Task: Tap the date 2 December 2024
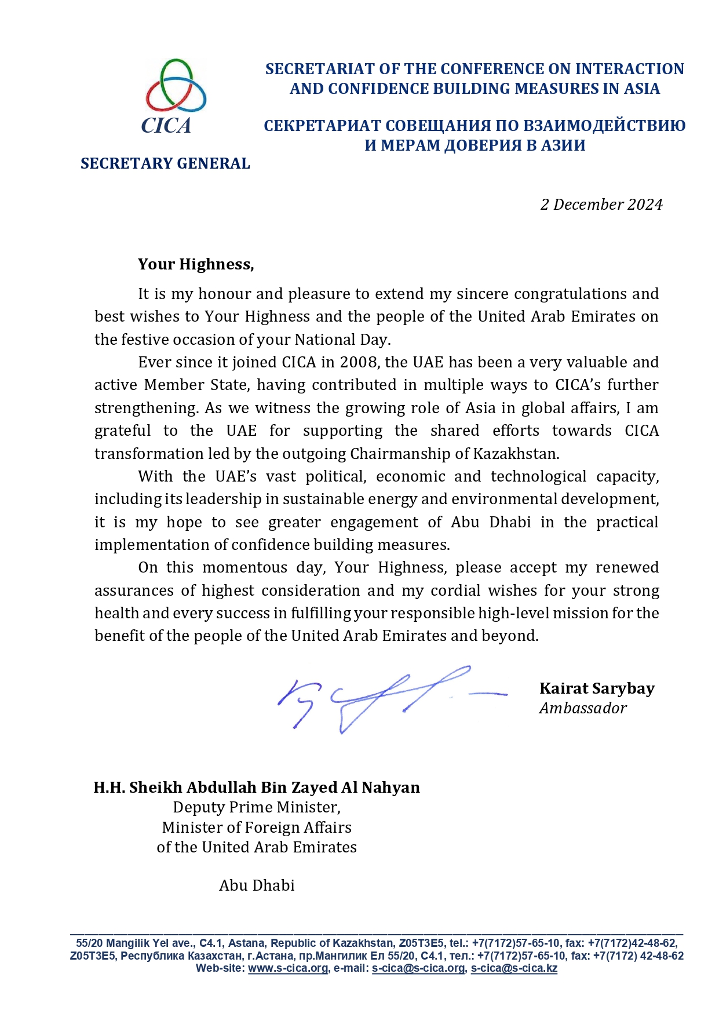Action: pyautogui.click(x=601, y=205)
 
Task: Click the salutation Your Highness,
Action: pyautogui.click(x=196, y=264)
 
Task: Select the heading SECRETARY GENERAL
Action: pyautogui.click(x=165, y=163)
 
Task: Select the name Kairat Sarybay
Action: pyautogui.click(x=597, y=688)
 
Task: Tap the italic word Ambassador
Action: pyautogui.click(x=582, y=708)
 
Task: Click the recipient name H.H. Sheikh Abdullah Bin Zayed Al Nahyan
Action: pyautogui.click(x=257, y=788)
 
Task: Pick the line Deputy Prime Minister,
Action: pyautogui.click(x=257, y=807)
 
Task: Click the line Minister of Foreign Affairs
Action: pyautogui.click(x=257, y=828)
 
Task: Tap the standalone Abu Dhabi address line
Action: pyautogui.click(x=257, y=885)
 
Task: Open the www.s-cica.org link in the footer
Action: pyautogui.click(x=287, y=968)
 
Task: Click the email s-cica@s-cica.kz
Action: pyautogui.click(x=514, y=968)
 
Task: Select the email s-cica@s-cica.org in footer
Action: pyautogui.click(x=418, y=968)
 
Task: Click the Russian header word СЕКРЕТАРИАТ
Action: pyautogui.click(x=322, y=126)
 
